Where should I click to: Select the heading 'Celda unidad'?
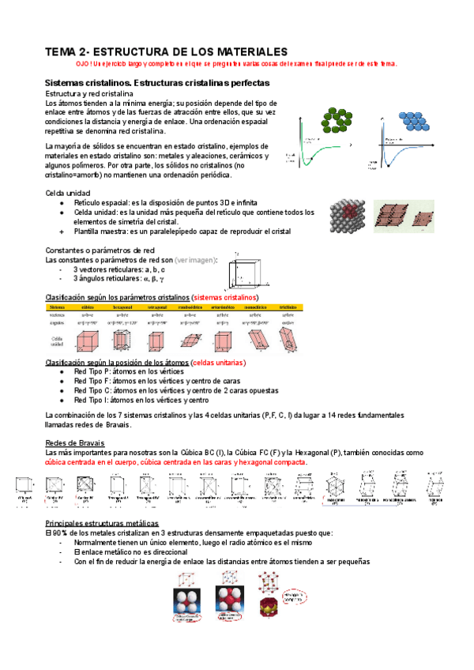tap(67, 193)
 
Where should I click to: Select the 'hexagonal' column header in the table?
tap(122, 307)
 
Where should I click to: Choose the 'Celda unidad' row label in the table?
tap(57, 340)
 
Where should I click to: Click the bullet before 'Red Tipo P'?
tap(62, 371)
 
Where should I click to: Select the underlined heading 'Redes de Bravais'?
tap(75, 442)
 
